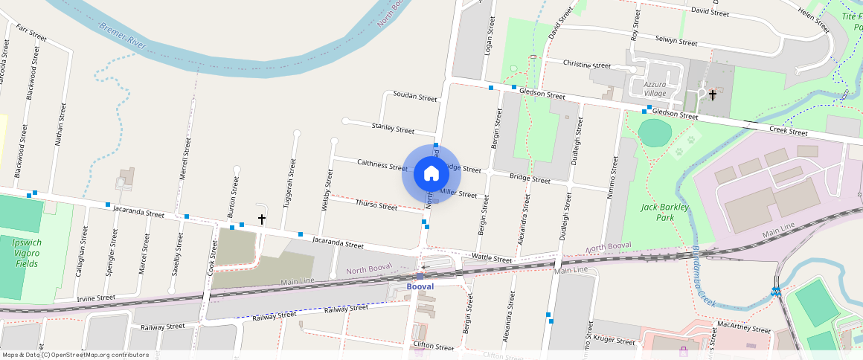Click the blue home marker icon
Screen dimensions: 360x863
(431, 174)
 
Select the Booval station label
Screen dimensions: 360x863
(420, 286)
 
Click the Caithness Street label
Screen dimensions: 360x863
(382, 164)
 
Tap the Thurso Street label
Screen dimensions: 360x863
(376, 205)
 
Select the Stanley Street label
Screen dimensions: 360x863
(392, 129)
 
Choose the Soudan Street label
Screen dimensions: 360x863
(414, 97)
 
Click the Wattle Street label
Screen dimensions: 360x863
(493, 259)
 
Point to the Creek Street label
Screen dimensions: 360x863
(788, 132)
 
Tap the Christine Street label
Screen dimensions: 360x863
(586, 64)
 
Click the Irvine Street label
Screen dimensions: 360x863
(96, 298)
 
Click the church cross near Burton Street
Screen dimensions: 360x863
(262, 219)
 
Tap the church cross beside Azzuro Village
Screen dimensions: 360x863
(713, 94)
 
